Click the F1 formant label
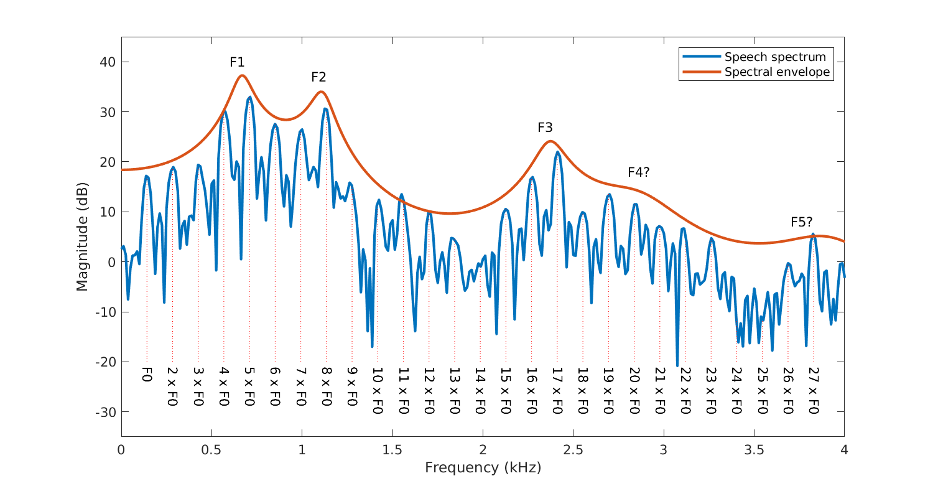tap(237, 62)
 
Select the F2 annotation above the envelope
tap(318, 77)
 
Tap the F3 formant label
tap(545, 128)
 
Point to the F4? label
tap(638, 172)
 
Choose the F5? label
tap(802, 222)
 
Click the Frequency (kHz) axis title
tap(483, 467)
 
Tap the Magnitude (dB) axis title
tap(82, 236)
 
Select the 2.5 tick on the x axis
tap(573, 450)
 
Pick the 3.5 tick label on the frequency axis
tap(754, 450)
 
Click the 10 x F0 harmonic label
tap(378, 391)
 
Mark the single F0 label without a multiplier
tap(147, 374)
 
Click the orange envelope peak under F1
tap(242, 75)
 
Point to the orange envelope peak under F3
tap(550, 141)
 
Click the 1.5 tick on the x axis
tap(392, 450)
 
